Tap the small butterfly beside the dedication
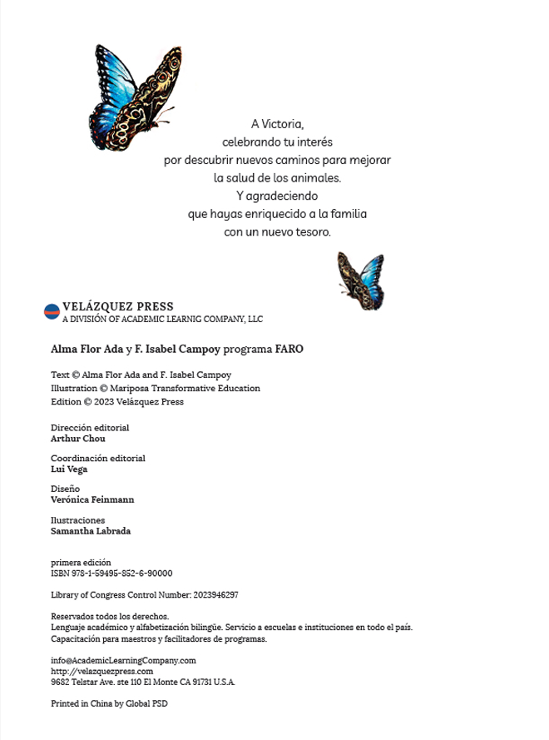(x=361, y=280)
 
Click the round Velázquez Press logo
(x=52, y=312)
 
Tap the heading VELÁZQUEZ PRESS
(x=118, y=307)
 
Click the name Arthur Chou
(x=78, y=439)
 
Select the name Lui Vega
(x=69, y=469)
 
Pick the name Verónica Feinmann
(x=92, y=499)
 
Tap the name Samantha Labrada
(x=91, y=531)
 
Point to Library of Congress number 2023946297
(x=215, y=595)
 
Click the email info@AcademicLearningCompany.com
(x=123, y=660)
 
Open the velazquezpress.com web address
(x=102, y=671)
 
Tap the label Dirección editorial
(x=90, y=428)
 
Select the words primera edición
(x=81, y=563)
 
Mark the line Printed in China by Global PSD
(x=109, y=703)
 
